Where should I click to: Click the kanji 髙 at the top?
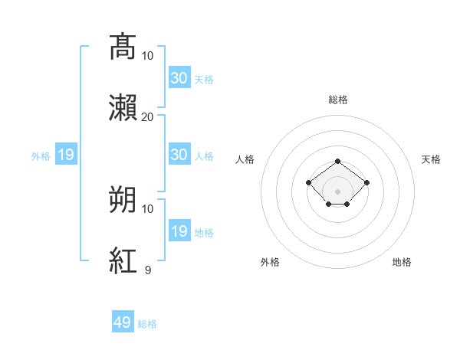(x=123, y=47)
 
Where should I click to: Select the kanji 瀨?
(x=123, y=107)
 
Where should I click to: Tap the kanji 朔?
(x=123, y=199)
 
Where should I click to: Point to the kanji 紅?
(x=123, y=260)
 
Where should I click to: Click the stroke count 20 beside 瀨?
(x=147, y=117)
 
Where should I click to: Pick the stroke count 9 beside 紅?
(x=148, y=270)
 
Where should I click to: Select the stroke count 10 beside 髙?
(x=147, y=56)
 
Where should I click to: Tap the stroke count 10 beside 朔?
(x=147, y=209)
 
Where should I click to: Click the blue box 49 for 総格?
(x=123, y=321)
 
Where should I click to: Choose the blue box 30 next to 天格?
(x=179, y=77)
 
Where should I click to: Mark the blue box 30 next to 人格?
(x=179, y=154)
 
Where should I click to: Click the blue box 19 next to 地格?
(x=179, y=230)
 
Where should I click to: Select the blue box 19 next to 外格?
(x=66, y=154)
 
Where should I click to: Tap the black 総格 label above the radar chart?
(x=338, y=100)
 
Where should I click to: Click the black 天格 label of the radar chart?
(x=431, y=159)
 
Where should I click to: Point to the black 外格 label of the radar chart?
(x=270, y=262)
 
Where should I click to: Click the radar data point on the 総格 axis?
(x=337, y=162)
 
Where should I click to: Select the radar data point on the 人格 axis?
(x=308, y=182)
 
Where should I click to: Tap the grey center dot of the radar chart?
(x=337, y=191)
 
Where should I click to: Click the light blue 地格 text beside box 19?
(x=204, y=233)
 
